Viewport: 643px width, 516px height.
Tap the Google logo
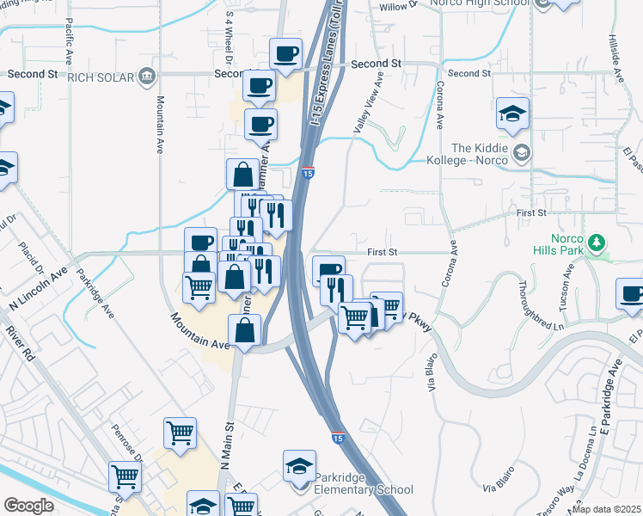[28, 506]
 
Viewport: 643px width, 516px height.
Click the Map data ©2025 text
[606, 509]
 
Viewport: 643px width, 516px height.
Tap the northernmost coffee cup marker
[285, 53]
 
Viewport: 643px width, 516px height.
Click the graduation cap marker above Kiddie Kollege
[513, 113]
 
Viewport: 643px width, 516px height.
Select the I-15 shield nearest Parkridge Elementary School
[338, 438]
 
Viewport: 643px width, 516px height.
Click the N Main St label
[229, 452]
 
